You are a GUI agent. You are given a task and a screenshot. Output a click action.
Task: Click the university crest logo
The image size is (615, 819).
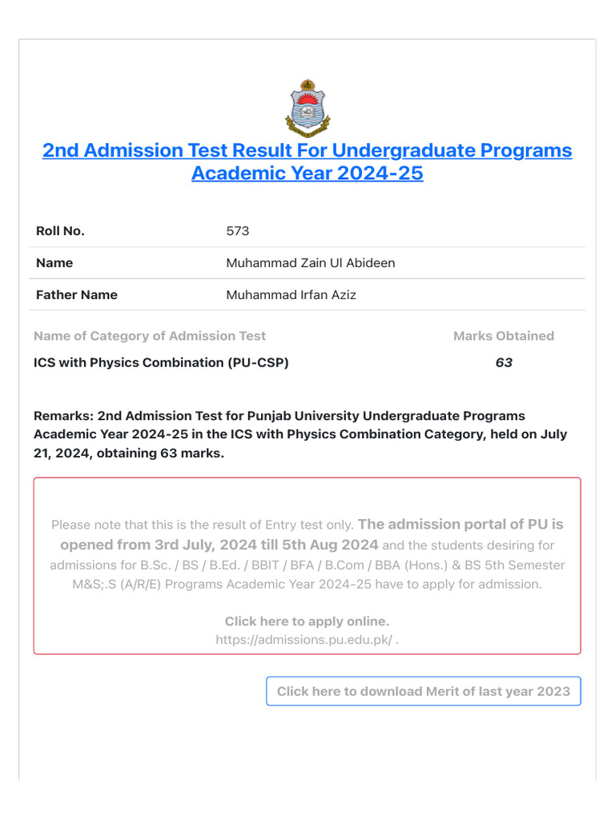[x=307, y=108]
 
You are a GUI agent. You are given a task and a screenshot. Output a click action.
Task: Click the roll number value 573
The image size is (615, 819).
[x=238, y=231]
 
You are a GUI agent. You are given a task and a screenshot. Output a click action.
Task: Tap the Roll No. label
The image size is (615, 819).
[x=60, y=231]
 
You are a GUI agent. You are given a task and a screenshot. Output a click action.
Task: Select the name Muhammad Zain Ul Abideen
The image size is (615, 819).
[x=311, y=263]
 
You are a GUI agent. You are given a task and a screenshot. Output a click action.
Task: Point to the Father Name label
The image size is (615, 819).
[x=77, y=295]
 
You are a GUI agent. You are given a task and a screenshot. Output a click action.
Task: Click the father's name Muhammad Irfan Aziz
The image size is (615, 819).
[x=291, y=295]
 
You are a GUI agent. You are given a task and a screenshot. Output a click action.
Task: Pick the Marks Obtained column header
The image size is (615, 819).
[x=504, y=336]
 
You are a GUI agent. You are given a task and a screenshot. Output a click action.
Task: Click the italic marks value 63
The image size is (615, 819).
[x=504, y=362]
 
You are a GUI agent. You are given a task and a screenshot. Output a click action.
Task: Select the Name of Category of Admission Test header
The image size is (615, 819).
[x=150, y=336]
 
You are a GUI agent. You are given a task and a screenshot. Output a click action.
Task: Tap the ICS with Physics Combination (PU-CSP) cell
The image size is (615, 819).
[x=161, y=362]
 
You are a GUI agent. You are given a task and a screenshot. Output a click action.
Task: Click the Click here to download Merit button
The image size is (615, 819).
[x=424, y=691]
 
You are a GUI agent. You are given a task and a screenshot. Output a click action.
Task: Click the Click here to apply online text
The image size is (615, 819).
[x=307, y=621]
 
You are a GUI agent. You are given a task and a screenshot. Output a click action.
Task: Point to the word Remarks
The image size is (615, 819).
[x=62, y=416]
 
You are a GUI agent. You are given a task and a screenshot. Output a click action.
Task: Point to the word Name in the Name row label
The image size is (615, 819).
[x=54, y=263]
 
